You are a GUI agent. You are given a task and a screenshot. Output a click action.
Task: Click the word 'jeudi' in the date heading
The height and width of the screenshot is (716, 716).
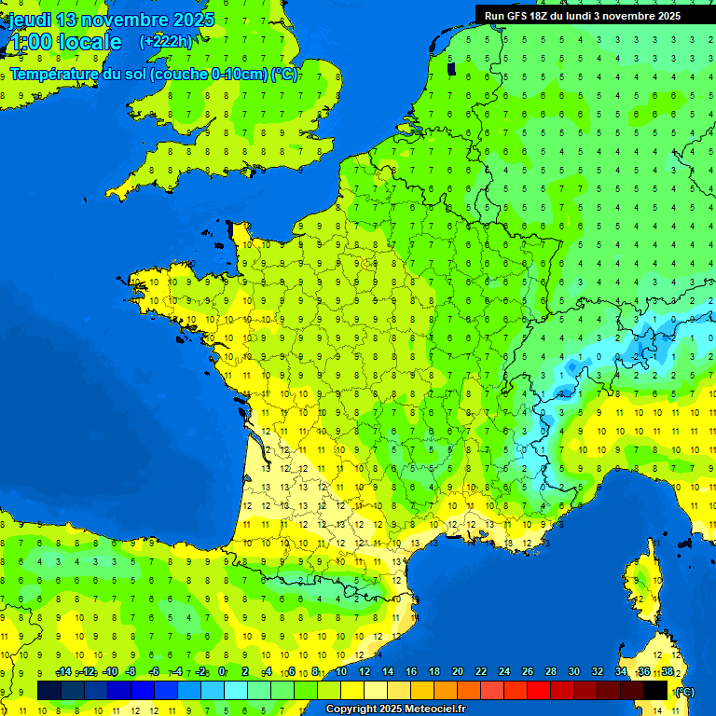coord(31,20)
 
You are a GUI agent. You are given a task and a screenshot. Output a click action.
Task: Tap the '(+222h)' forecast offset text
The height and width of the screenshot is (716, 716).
coord(166,41)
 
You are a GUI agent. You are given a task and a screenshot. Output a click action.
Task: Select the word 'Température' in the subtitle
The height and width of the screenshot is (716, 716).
coord(55,75)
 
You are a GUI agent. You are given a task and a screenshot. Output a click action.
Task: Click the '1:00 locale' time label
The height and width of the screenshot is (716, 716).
coord(64,42)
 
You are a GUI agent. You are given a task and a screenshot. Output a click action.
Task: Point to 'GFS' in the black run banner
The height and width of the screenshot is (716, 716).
coord(520,16)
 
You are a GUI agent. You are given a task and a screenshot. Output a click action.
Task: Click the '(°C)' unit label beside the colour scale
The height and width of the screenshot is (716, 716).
coord(683,691)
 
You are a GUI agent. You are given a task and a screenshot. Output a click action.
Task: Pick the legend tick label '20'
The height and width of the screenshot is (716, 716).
coord(458,671)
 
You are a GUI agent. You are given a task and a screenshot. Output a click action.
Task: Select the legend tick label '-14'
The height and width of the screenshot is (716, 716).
coord(64,671)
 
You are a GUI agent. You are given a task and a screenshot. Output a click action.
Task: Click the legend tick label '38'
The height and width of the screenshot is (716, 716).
coord(668,671)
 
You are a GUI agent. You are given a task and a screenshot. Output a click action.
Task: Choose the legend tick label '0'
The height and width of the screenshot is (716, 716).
coord(222,671)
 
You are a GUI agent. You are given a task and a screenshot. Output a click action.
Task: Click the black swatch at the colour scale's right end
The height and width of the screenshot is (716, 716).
coord(655,690)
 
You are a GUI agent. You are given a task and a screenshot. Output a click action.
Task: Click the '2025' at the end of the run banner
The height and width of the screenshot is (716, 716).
coord(666,16)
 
